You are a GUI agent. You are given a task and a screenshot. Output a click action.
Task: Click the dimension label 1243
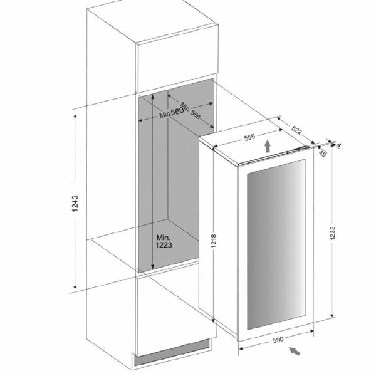click(x=75, y=203)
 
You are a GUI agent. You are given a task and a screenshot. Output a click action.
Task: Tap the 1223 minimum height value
click(x=164, y=245)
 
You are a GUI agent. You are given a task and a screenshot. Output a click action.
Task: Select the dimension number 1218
click(x=214, y=241)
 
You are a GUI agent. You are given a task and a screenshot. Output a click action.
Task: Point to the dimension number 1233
click(x=333, y=233)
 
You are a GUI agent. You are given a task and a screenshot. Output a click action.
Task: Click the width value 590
click(x=278, y=340)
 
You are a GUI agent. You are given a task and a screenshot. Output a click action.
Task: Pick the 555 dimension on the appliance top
click(x=249, y=138)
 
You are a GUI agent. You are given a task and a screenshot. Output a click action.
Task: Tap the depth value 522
click(x=296, y=130)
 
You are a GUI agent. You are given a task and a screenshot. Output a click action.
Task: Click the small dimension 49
click(x=323, y=154)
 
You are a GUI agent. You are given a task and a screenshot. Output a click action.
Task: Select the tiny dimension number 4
click(x=338, y=145)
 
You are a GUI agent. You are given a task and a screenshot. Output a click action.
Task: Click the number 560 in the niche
click(x=177, y=112)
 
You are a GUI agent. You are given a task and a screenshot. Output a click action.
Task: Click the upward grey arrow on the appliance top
click(x=268, y=146)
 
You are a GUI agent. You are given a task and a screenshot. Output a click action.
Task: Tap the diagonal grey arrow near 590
click(x=295, y=351)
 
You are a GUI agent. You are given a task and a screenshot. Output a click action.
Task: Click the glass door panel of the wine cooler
click(x=276, y=244)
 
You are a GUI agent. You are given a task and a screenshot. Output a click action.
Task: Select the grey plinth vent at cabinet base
click(x=172, y=352)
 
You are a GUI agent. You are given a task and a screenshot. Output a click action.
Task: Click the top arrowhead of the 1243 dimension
click(x=75, y=117)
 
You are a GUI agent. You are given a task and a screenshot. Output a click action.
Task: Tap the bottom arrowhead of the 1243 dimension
click(x=75, y=286)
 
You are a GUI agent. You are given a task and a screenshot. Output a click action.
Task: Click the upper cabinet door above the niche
click(x=178, y=60)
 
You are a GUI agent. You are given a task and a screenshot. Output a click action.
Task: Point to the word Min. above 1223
click(x=164, y=238)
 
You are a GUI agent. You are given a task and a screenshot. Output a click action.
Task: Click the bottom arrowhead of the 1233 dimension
click(x=332, y=315)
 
